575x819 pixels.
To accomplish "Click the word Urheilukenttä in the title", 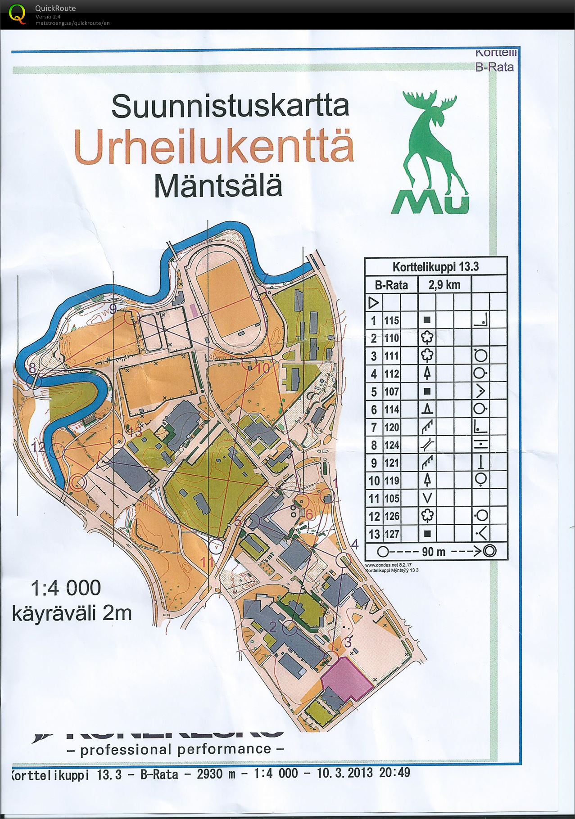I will pos(214,146).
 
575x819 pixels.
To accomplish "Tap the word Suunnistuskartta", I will pos(230,107).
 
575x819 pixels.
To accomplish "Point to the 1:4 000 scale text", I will pos(66,588).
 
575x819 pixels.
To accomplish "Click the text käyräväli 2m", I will pos(72,613).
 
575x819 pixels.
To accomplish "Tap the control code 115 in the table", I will pos(391,320).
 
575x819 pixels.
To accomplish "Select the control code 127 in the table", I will pos(391,534).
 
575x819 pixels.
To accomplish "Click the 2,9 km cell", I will pos(444,284).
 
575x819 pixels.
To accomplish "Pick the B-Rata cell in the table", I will pos(391,285).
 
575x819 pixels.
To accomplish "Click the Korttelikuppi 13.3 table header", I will pos(435,266).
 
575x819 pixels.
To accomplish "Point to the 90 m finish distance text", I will pos(434,551).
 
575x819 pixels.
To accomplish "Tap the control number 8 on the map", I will pos(32,368).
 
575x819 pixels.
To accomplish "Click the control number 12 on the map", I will pos(39,447).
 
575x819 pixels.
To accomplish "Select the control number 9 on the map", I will pos(113,309).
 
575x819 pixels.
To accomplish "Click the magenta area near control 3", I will pos(347,677).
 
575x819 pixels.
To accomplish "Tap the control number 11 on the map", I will pos(207,562).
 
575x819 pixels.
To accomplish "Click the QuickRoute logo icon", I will pos(17,13).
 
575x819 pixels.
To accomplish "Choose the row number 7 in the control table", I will pos(374,427).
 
